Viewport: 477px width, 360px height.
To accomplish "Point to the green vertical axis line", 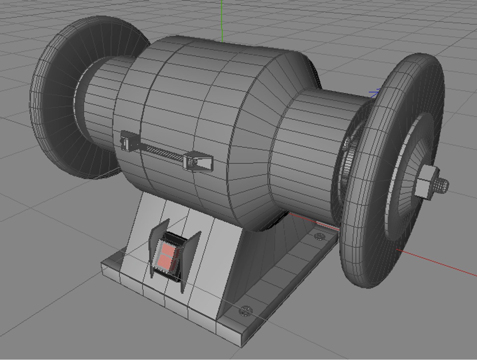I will click(222, 20).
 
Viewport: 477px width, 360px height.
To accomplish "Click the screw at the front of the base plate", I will click(245, 311).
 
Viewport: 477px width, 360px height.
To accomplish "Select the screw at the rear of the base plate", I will click(320, 237).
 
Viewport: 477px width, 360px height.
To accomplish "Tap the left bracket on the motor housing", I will click(126, 140).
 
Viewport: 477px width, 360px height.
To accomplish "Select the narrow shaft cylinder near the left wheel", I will click(100, 100).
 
